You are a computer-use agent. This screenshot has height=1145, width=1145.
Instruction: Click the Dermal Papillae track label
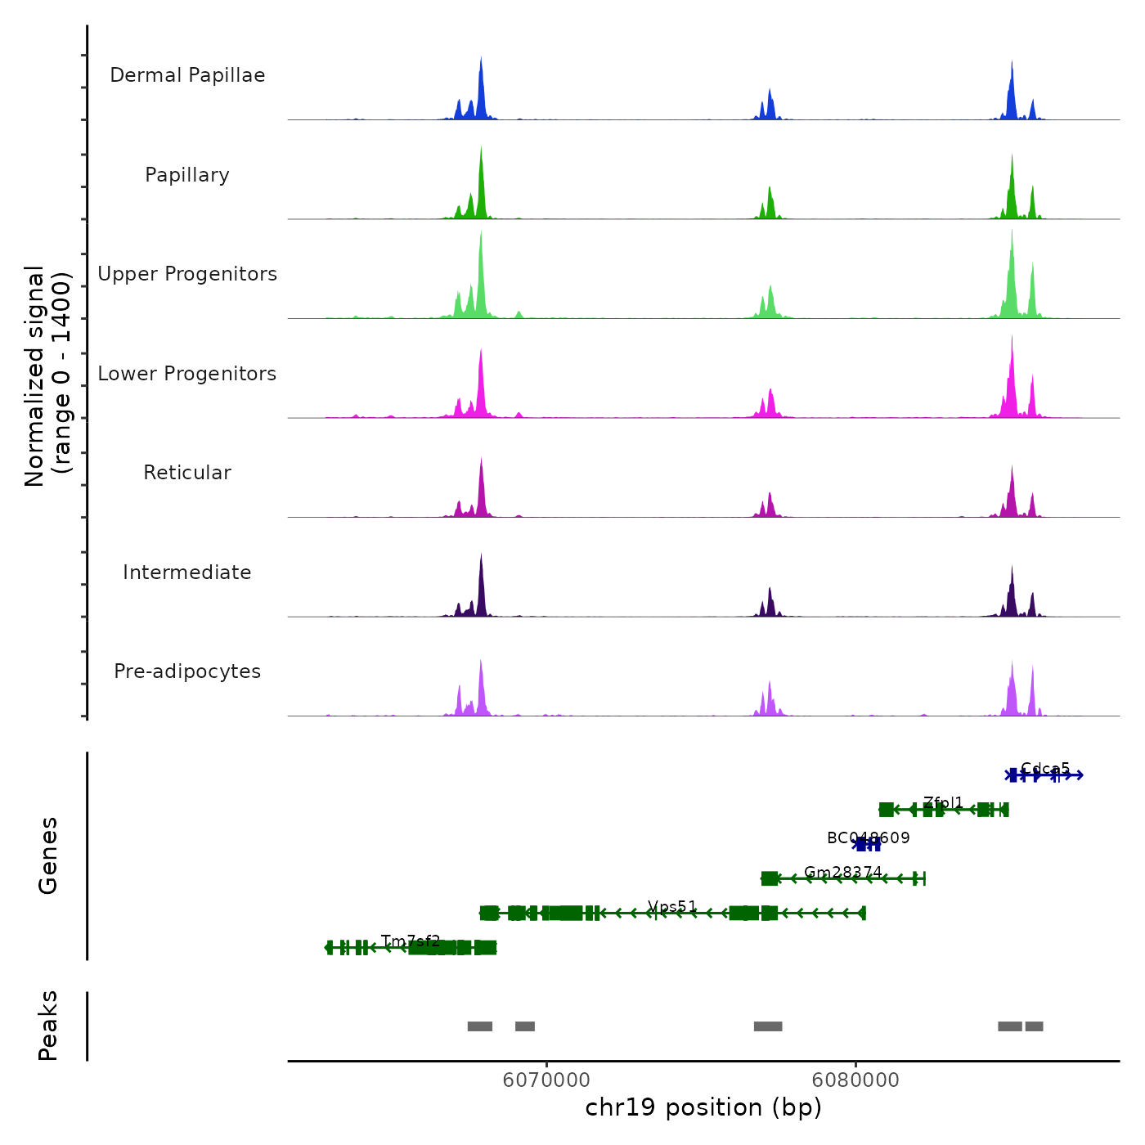click(187, 75)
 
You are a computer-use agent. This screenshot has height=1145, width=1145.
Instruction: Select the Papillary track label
click(187, 175)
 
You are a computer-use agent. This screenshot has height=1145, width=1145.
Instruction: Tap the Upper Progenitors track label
click(187, 274)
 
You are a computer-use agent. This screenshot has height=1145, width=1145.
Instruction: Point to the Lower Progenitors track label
click(187, 374)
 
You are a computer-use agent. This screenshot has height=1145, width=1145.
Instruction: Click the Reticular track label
click(187, 473)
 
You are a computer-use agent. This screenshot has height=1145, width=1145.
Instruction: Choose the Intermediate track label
click(187, 572)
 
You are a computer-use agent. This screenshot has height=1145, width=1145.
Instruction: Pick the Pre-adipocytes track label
click(187, 671)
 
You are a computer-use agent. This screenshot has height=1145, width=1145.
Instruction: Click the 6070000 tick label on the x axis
click(546, 1080)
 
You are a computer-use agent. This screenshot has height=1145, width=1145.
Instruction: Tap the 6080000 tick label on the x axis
click(855, 1080)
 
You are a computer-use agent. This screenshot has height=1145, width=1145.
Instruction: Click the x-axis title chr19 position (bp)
click(703, 1107)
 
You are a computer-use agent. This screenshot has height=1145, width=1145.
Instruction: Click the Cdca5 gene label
click(1045, 769)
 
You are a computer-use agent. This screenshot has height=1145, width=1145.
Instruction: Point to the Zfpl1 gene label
click(944, 803)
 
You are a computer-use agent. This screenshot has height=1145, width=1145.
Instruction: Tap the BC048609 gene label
click(868, 837)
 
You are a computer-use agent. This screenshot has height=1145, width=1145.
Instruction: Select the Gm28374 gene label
click(843, 872)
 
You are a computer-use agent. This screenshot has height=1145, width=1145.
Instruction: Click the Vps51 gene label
click(672, 906)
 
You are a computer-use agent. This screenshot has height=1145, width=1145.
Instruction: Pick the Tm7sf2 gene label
click(411, 941)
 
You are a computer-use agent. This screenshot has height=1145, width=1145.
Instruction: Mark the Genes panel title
click(48, 855)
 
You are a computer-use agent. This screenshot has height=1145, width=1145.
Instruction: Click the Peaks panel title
click(48, 1026)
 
